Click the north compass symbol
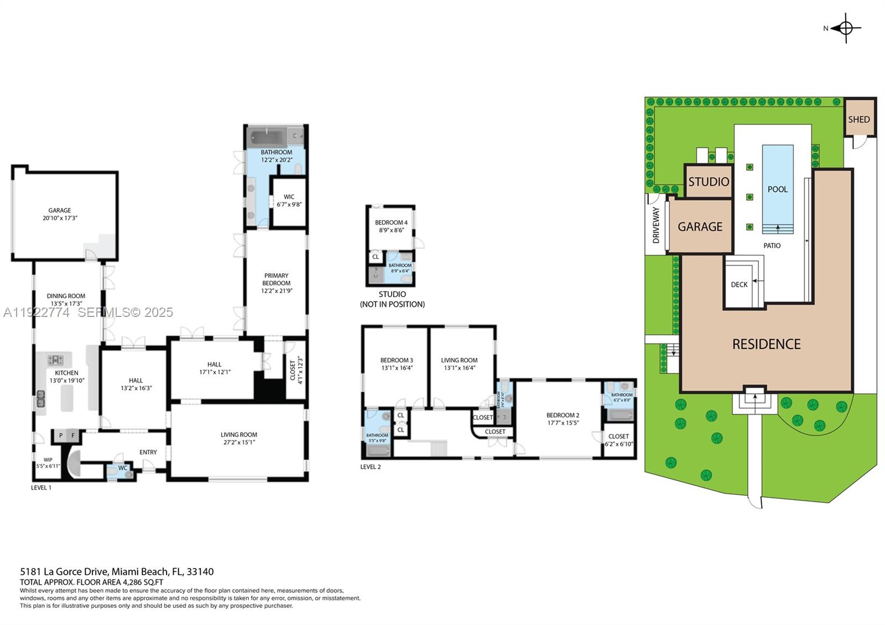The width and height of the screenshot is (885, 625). (846, 28)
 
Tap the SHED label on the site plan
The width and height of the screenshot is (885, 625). (859, 119)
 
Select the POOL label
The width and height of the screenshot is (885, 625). (777, 189)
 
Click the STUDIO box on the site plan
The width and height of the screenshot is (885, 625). (709, 181)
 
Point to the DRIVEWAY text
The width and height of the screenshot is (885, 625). (656, 225)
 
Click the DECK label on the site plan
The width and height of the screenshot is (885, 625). (739, 284)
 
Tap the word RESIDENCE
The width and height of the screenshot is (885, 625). (766, 344)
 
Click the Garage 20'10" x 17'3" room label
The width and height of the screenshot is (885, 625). (60, 214)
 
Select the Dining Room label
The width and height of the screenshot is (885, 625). (66, 300)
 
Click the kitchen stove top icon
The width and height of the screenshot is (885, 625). (55, 360)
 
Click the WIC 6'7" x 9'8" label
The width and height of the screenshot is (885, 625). (289, 200)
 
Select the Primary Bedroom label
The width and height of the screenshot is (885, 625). (276, 283)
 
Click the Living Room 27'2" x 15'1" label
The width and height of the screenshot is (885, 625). (239, 438)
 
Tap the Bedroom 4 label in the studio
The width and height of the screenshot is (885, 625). (391, 226)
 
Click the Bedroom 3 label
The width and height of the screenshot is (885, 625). (397, 363)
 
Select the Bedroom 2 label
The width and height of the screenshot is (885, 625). (563, 419)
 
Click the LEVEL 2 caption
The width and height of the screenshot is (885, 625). (370, 467)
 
